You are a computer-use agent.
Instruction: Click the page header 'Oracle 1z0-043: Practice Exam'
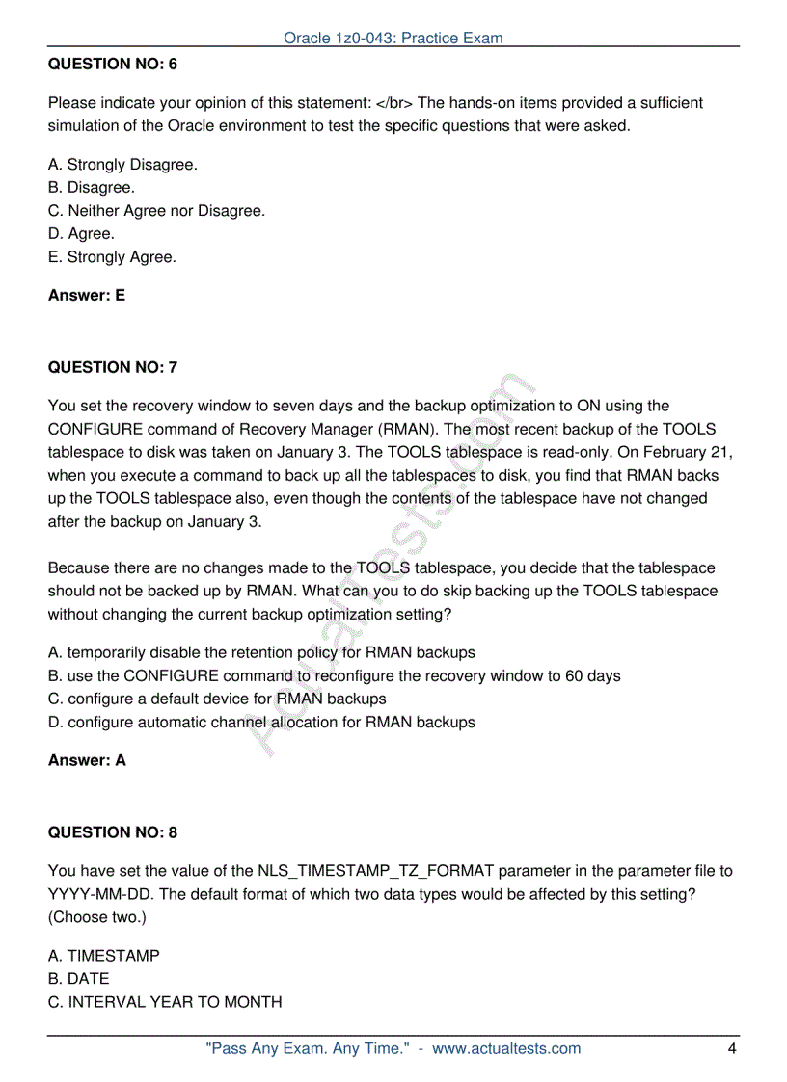click(x=393, y=39)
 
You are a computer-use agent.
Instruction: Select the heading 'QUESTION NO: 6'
click(x=113, y=65)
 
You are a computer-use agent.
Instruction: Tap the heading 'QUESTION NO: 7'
click(x=113, y=367)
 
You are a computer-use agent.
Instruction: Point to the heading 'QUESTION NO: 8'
click(x=113, y=832)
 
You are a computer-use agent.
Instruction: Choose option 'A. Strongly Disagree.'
click(x=122, y=165)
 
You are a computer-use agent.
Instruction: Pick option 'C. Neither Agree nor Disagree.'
click(x=156, y=211)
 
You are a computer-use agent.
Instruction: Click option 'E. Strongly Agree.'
click(x=112, y=257)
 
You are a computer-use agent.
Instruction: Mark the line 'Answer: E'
click(x=87, y=296)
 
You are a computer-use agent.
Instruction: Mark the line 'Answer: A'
click(x=87, y=760)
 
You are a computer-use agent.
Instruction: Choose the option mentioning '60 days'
click(x=334, y=676)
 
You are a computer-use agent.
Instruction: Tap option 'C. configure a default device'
click(x=217, y=699)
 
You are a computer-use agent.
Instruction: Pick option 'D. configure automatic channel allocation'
click(x=261, y=723)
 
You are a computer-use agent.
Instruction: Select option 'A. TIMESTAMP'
click(x=104, y=956)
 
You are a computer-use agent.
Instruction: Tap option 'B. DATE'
click(x=79, y=979)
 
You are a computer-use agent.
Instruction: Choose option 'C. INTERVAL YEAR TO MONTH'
click(x=165, y=1002)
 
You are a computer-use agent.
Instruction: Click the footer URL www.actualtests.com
click(x=506, y=1048)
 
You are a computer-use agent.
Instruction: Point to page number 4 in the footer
click(x=732, y=1048)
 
